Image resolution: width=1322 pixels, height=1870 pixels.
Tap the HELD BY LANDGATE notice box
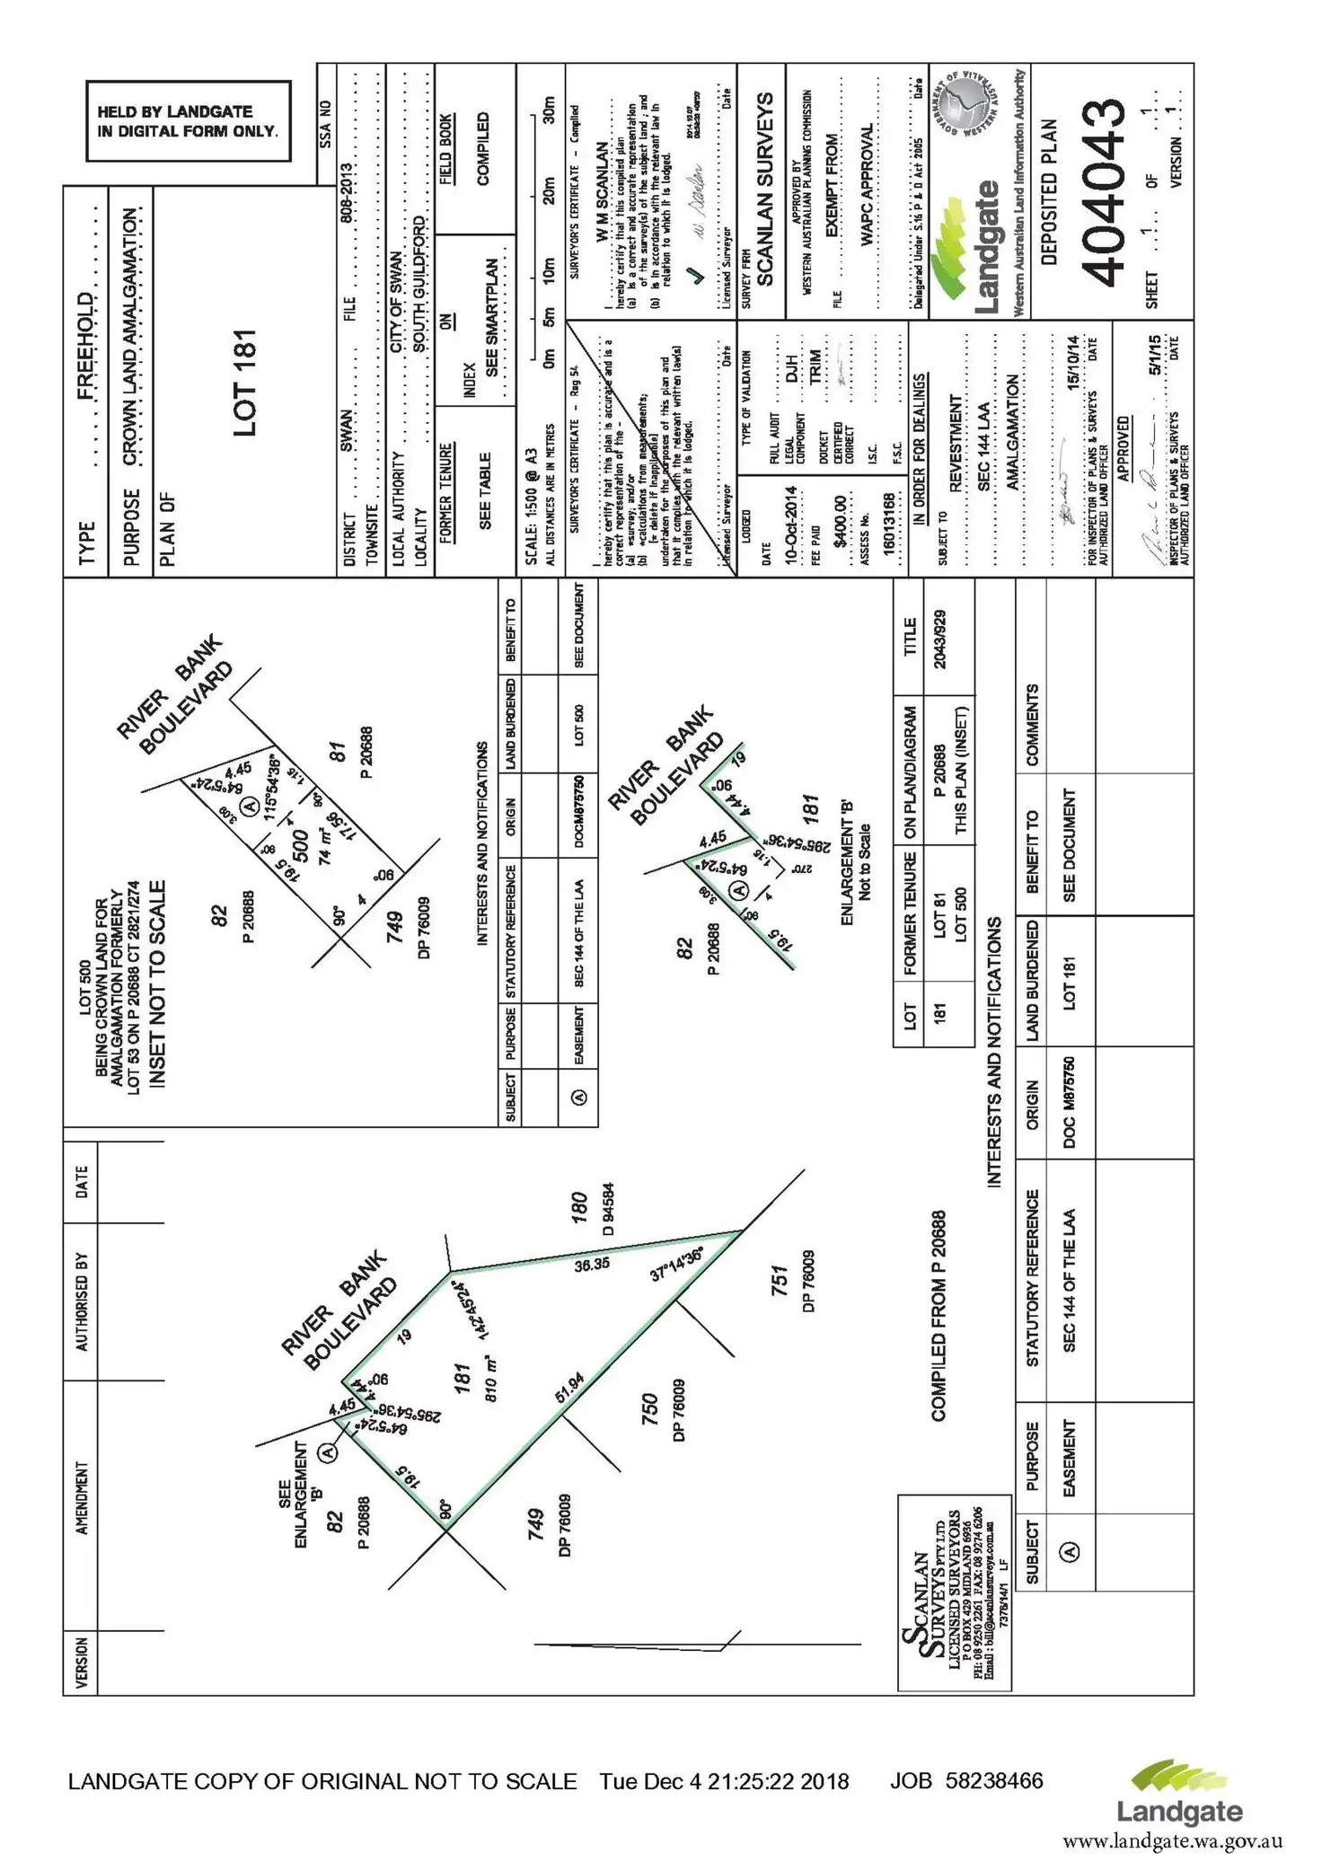pos(188,121)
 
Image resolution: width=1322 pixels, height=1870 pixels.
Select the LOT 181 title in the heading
pos(244,384)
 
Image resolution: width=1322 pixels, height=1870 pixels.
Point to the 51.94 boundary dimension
pos(569,1388)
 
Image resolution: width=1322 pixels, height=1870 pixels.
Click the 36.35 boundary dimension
pos(592,1263)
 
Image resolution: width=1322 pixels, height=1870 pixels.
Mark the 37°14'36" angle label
pos(677,1264)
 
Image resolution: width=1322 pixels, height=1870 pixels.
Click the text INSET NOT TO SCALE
pos(157,984)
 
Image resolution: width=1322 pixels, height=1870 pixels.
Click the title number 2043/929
pos(939,639)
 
